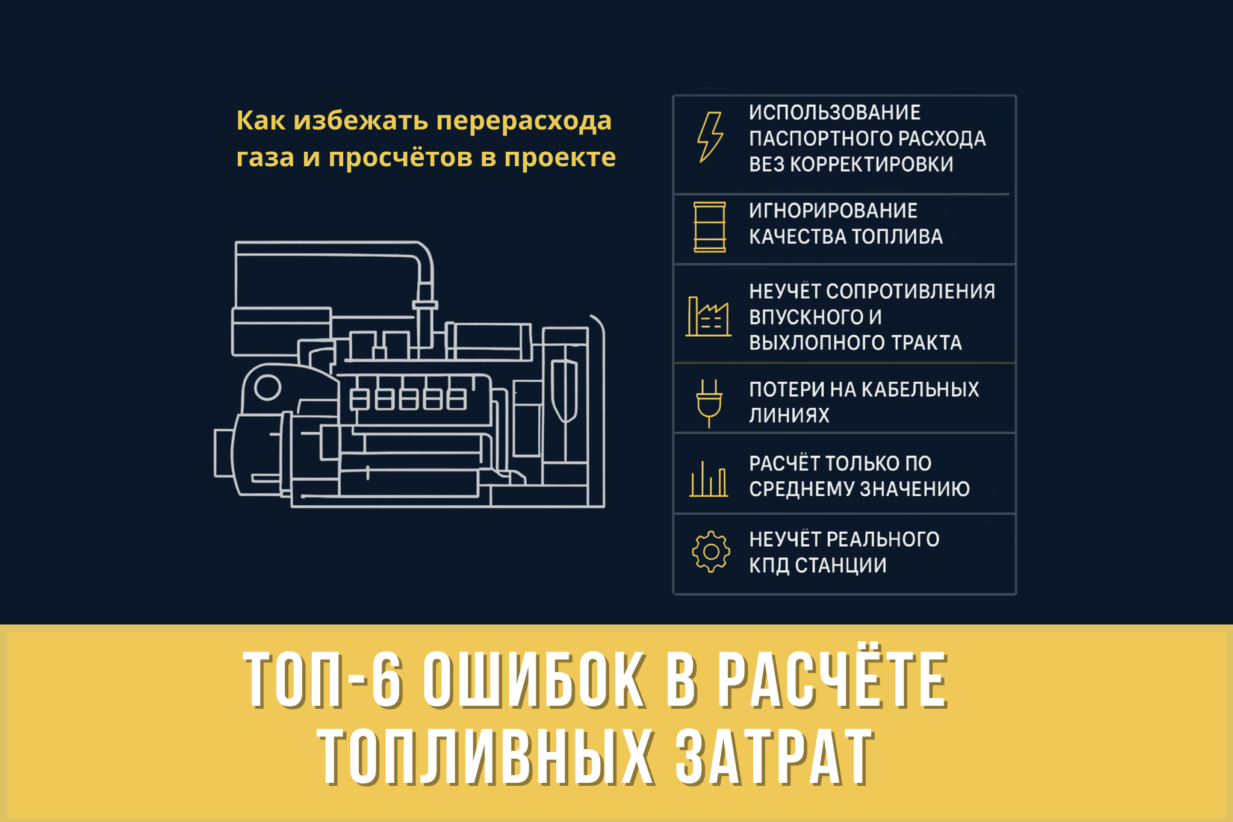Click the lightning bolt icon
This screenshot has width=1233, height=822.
710,137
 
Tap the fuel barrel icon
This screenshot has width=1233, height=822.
710,227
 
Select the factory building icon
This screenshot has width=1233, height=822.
708,317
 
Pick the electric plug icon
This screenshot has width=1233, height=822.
709,402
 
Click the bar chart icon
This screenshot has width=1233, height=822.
709,479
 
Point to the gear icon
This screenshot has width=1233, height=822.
711,552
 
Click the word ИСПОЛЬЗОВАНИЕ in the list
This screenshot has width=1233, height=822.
834,113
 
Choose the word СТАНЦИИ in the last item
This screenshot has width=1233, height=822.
840,565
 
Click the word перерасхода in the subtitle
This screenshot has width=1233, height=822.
524,120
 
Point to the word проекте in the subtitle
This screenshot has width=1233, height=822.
560,158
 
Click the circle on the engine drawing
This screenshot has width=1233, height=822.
268,387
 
